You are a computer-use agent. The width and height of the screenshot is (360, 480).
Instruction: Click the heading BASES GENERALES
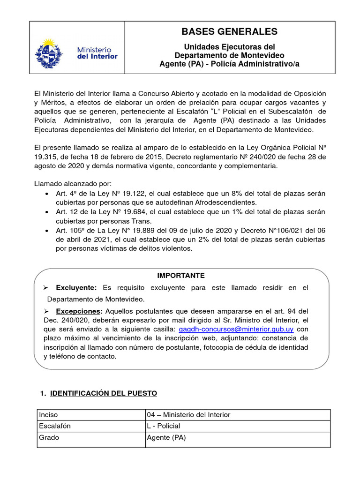pos(229,32)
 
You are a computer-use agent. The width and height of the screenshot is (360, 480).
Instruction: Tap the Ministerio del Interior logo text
pos(97,52)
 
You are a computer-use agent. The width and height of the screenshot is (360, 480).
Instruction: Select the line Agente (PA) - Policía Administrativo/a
pos(229,64)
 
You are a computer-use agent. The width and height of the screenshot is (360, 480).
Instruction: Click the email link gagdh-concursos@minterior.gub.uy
pos(236,330)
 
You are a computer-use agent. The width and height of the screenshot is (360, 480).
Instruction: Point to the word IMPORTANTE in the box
pos(181,276)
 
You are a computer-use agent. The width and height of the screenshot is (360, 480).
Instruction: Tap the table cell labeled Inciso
pos(49,415)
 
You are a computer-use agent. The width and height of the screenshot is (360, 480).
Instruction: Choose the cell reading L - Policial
pos(164,426)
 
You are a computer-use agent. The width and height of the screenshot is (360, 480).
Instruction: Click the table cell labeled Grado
pos(49,438)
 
